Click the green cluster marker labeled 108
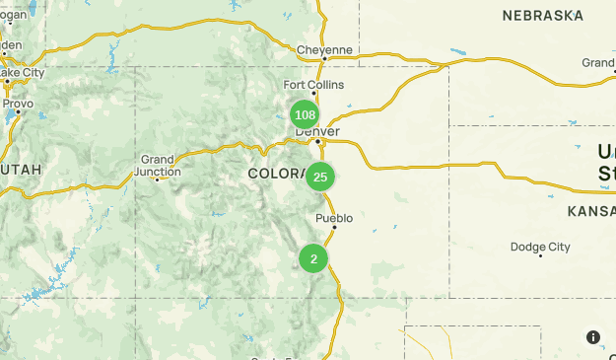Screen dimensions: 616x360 (x=305, y=114)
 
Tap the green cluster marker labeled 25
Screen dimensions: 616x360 (x=319, y=178)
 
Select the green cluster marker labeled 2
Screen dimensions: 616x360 (x=313, y=259)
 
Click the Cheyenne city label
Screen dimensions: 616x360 (x=323, y=50)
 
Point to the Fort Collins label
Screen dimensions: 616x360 (x=313, y=85)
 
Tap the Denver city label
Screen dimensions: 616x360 (x=317, y=131)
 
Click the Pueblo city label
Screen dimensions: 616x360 (x=334, y=218)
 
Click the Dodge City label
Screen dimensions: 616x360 (x=540, y=247)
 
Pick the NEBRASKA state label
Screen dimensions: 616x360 (x=542, y=16)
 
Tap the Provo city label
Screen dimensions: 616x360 (x=18, y=103)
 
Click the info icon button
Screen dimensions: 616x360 (x=593, y=337)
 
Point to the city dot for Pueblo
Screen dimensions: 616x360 (x=334, y=228)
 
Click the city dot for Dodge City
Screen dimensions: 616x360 (x=540, y=255)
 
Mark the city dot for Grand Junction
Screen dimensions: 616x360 (x=130, y=180)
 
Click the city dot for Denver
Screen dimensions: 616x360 (x=317, y=142)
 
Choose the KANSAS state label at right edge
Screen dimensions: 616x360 (x=591, y=211)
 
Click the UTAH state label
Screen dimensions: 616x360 (x=22, y=170)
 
